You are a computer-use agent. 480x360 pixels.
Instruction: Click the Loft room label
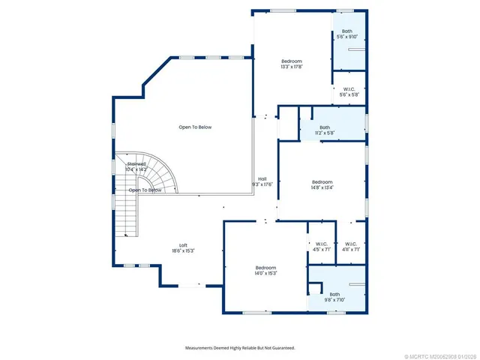[183, 245]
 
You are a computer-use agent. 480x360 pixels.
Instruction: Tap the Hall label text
[262, 178]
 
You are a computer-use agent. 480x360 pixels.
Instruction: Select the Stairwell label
[136, 163]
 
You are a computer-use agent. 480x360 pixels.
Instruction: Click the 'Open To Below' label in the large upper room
[195, 127]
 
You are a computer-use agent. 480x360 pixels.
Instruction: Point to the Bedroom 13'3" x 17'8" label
[292, 61]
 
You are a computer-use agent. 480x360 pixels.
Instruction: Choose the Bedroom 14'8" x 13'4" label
[322, 182]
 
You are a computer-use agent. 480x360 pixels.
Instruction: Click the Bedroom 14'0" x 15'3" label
[265, 268]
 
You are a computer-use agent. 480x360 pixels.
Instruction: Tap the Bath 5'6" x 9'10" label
[349, 33]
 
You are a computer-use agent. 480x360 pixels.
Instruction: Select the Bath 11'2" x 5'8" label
[325, 127]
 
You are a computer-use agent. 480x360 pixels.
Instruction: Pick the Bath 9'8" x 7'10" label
[334, 294]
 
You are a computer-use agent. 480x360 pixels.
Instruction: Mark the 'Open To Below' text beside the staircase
[145, 190]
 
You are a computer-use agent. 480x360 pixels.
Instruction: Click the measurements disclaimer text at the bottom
[240, 348]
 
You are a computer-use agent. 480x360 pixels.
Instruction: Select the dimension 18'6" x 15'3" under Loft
[183, 250]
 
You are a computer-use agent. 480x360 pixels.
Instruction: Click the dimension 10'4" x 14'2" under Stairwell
[136, 169]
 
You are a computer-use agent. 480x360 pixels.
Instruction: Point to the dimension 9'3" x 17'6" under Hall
[262, 184]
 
